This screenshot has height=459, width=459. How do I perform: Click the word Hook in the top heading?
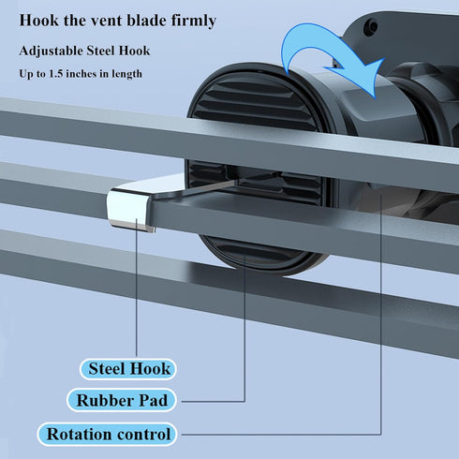pos(38,21)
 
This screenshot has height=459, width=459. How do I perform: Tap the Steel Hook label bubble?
pos(128,369)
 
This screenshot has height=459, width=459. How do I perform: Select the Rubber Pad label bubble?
pos(122,400)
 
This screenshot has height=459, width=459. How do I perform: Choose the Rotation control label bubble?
pos(107,434)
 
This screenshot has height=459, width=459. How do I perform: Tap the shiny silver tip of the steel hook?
pos(128,208)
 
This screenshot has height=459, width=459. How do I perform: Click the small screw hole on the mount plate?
pos(372,27)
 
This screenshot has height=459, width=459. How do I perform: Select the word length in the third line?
pos(126,74)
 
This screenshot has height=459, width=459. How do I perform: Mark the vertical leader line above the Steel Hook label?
pos(137,288)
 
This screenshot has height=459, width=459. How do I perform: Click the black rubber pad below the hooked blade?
pos(262,255)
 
